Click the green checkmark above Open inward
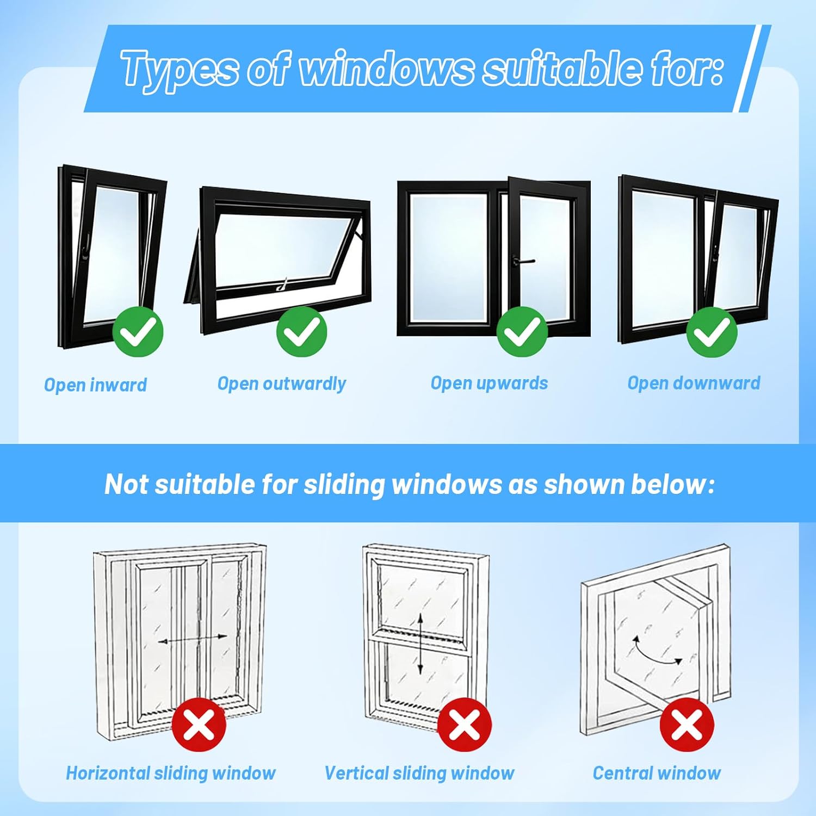(x=138, y=331)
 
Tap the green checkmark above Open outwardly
(x=301, y=331)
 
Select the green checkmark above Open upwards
(x=522, y=331)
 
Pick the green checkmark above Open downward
(x=712, y=331)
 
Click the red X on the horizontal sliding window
(x=199, y=725)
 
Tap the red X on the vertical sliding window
(x=464, y=725)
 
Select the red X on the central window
(x=687, y=725)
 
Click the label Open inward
(x=96, y=385)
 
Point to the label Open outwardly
(x=282, y=384)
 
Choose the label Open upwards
(x=489, y=384)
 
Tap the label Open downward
(x=694, y=383)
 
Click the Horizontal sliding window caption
(x=171, y=773)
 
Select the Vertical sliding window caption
(x=419, y=773)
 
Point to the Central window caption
(x=657, y=773)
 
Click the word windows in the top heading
(x=386, y=69)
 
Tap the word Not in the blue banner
(x=126, y=484)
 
